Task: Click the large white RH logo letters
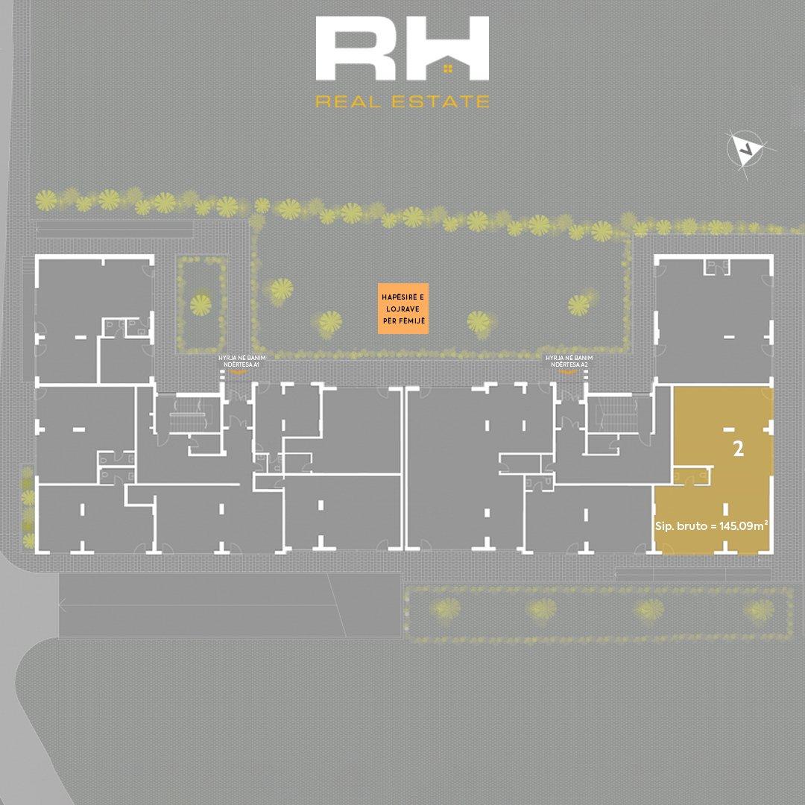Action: point(402,51)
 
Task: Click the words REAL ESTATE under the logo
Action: point(402,101)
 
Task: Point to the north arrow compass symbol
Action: point(745,149)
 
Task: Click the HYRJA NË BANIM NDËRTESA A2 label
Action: point(569,362)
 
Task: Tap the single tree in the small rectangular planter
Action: point(200,303)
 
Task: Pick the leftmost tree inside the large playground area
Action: point(281,288)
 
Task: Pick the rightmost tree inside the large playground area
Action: point(579,303)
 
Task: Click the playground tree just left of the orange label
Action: point(329,322)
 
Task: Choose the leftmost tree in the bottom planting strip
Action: point(447,609)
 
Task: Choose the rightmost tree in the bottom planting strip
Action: point(757,610)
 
